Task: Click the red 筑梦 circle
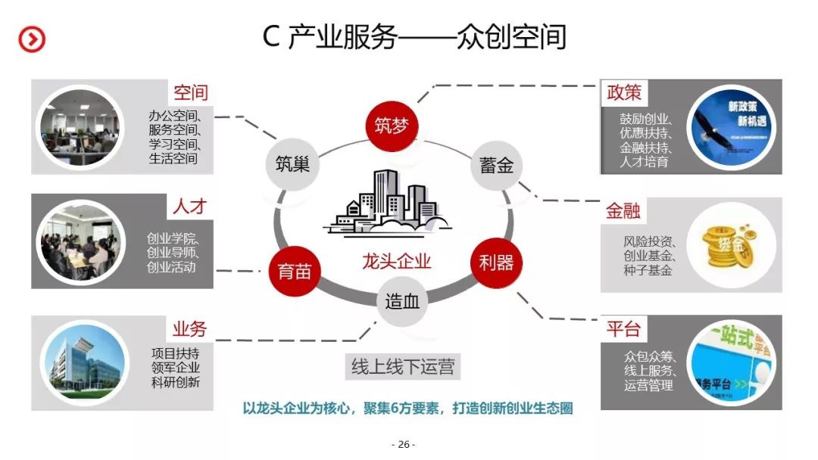click(x=392, y=126)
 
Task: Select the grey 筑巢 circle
click(x=292, y=164)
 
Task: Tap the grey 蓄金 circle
click(x=496, y=165)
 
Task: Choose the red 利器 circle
click(x=496, y=263)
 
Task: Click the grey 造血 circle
click(x=401, y=301)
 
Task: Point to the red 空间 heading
click(x=190, y=93)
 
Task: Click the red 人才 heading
click(x=190, y=206)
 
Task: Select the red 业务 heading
click(x=189, y=328)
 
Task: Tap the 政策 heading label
click(x=624, y=92)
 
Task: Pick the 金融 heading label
click(x=623, y=210)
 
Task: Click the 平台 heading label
click(x=623, y=329)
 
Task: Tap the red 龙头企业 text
click(x=396, y=262)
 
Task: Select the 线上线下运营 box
click(x=403, y=367)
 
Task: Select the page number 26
click(x=403, y=444)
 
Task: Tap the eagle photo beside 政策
click(x=732, y=126)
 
